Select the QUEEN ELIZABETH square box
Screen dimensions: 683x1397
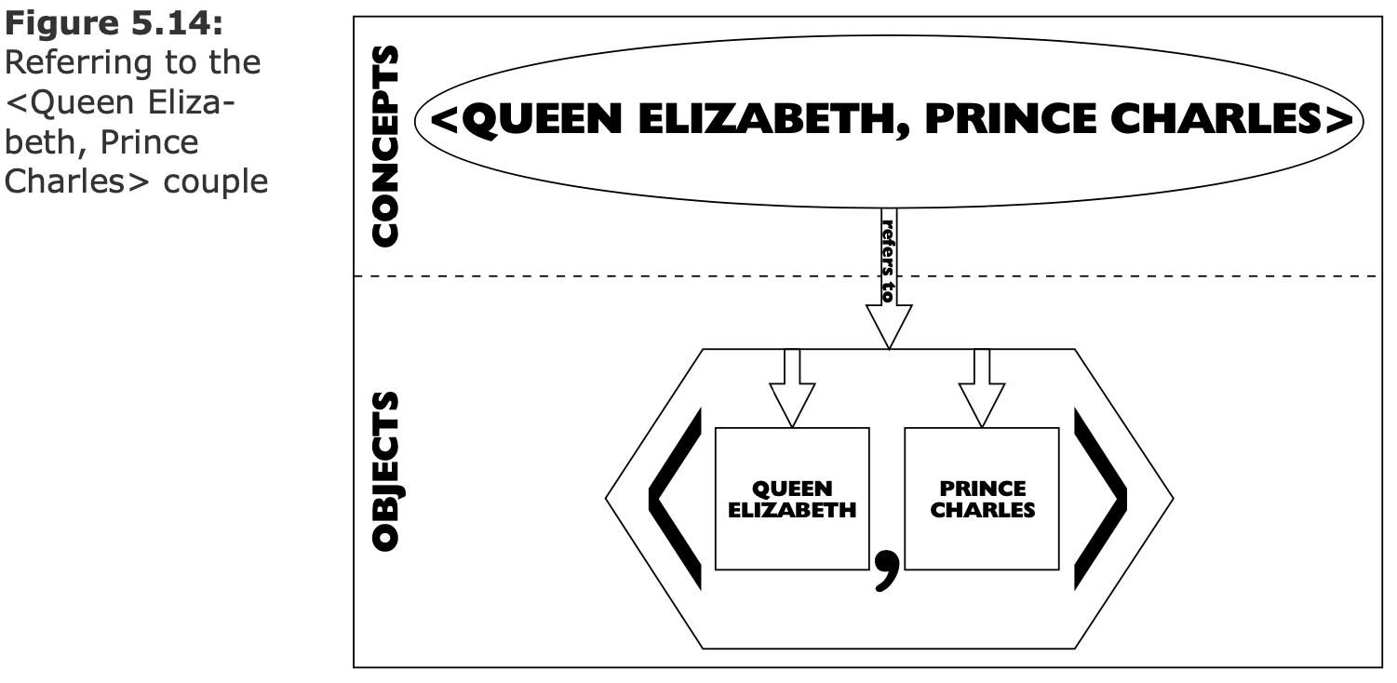click(x=792, y=499)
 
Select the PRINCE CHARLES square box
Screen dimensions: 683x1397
click(x=982, y=499)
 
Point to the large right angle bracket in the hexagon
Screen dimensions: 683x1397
click(x=1100, y=499)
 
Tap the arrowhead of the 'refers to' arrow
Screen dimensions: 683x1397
click(x=889, y=326)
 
